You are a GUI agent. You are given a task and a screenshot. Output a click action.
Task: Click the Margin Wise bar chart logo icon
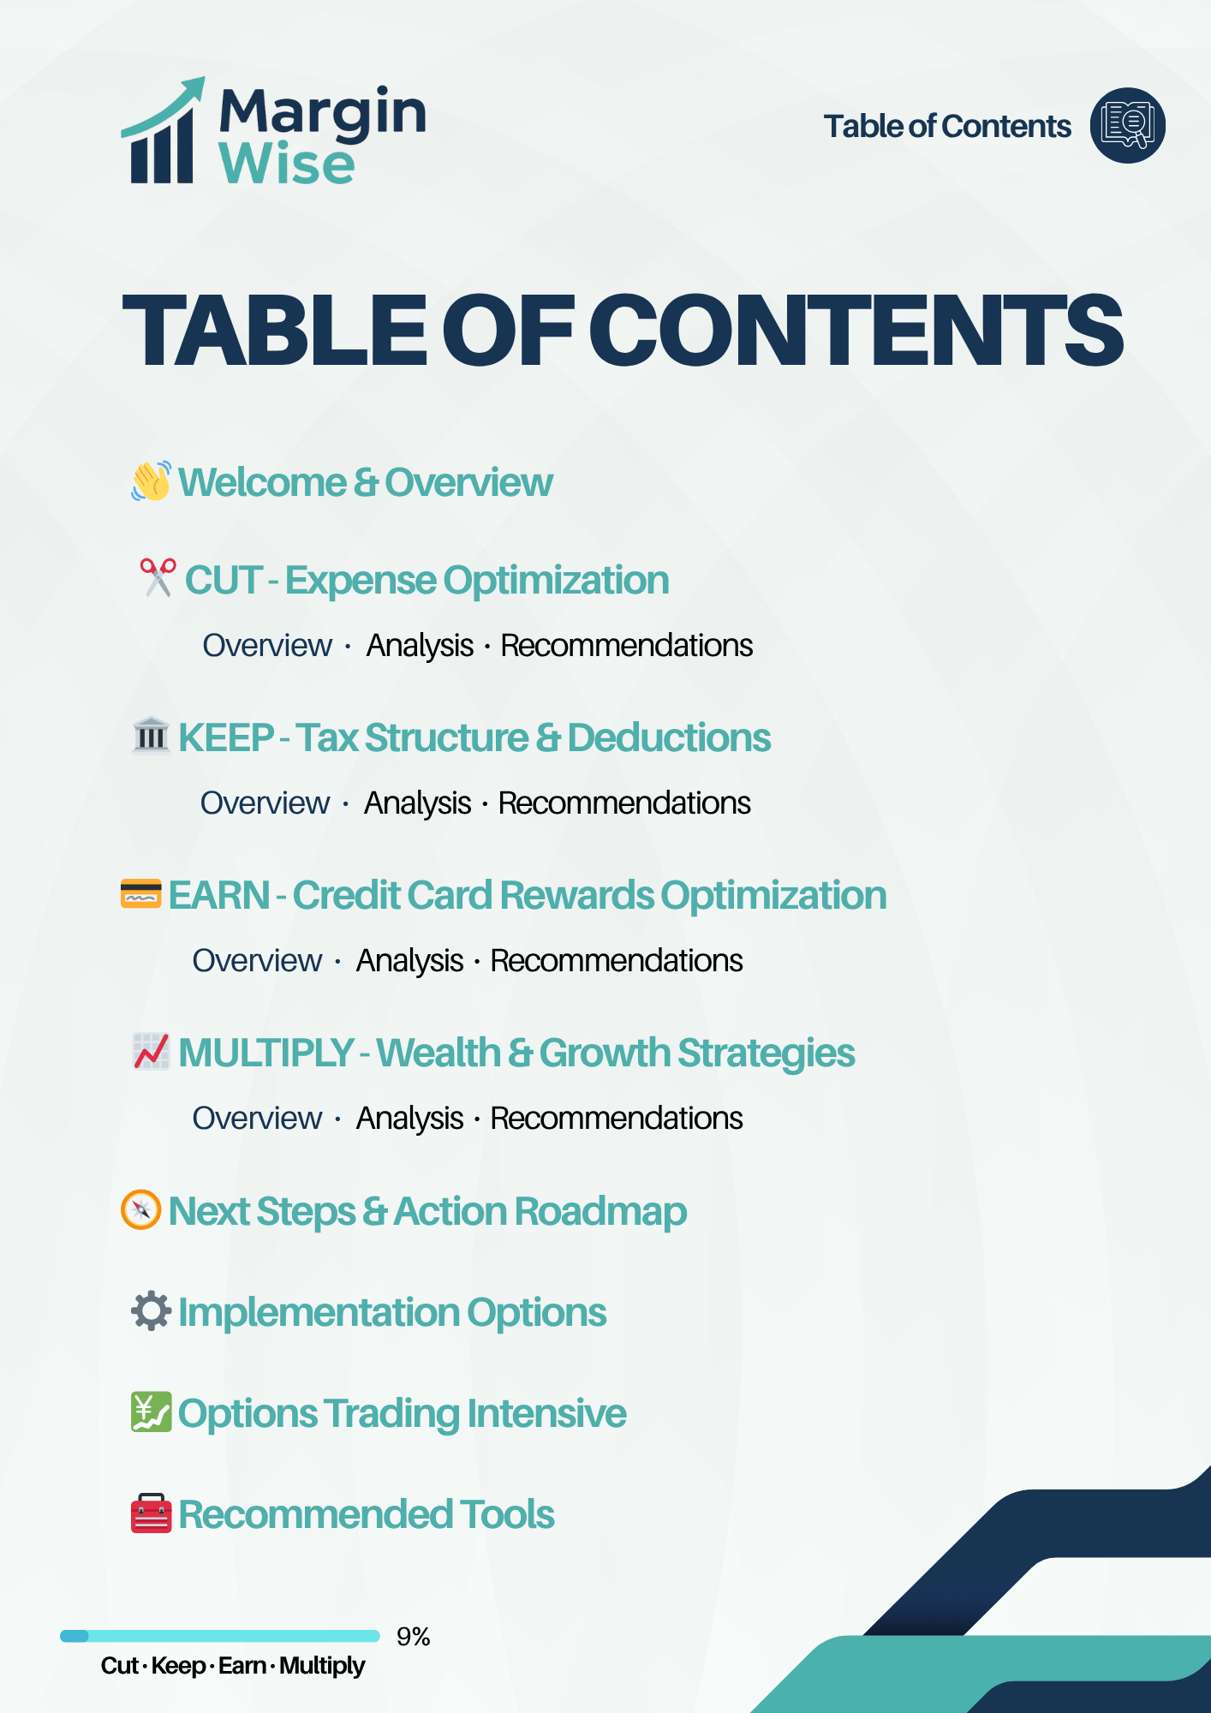[163, 133]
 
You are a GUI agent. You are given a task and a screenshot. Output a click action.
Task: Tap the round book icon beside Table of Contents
[1127, 126]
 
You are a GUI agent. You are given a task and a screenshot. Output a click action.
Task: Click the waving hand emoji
[151, 481]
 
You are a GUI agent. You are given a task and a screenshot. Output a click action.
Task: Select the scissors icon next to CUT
[158, 578]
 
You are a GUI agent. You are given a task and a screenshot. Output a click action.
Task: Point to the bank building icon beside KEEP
[152, 736]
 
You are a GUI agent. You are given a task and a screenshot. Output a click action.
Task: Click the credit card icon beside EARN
[141, 893]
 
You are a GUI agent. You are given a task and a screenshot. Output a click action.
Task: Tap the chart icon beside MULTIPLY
[152, 1051]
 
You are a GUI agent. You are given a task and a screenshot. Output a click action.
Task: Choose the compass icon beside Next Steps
[141, 1209]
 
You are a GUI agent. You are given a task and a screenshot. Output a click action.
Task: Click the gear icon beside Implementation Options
[152, 1310]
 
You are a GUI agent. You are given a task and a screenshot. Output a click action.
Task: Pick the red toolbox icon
[152, 1513]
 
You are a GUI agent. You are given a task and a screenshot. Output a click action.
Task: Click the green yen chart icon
[152, 1412]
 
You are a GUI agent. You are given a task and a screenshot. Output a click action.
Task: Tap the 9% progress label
[413, 1637]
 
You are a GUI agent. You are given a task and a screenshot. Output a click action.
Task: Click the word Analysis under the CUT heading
[420, 646]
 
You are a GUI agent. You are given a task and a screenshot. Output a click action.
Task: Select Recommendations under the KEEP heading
[624, 803]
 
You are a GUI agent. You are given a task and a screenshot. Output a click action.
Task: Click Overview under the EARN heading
[257, 961]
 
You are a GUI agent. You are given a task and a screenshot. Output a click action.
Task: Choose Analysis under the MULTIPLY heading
[409, 1119]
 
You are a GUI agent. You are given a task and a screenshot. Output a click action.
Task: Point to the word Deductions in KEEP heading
[669, 737]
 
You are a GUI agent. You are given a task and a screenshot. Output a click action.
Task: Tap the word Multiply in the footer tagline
[322, 1666]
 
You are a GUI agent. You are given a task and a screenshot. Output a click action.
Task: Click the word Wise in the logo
[287, 164]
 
